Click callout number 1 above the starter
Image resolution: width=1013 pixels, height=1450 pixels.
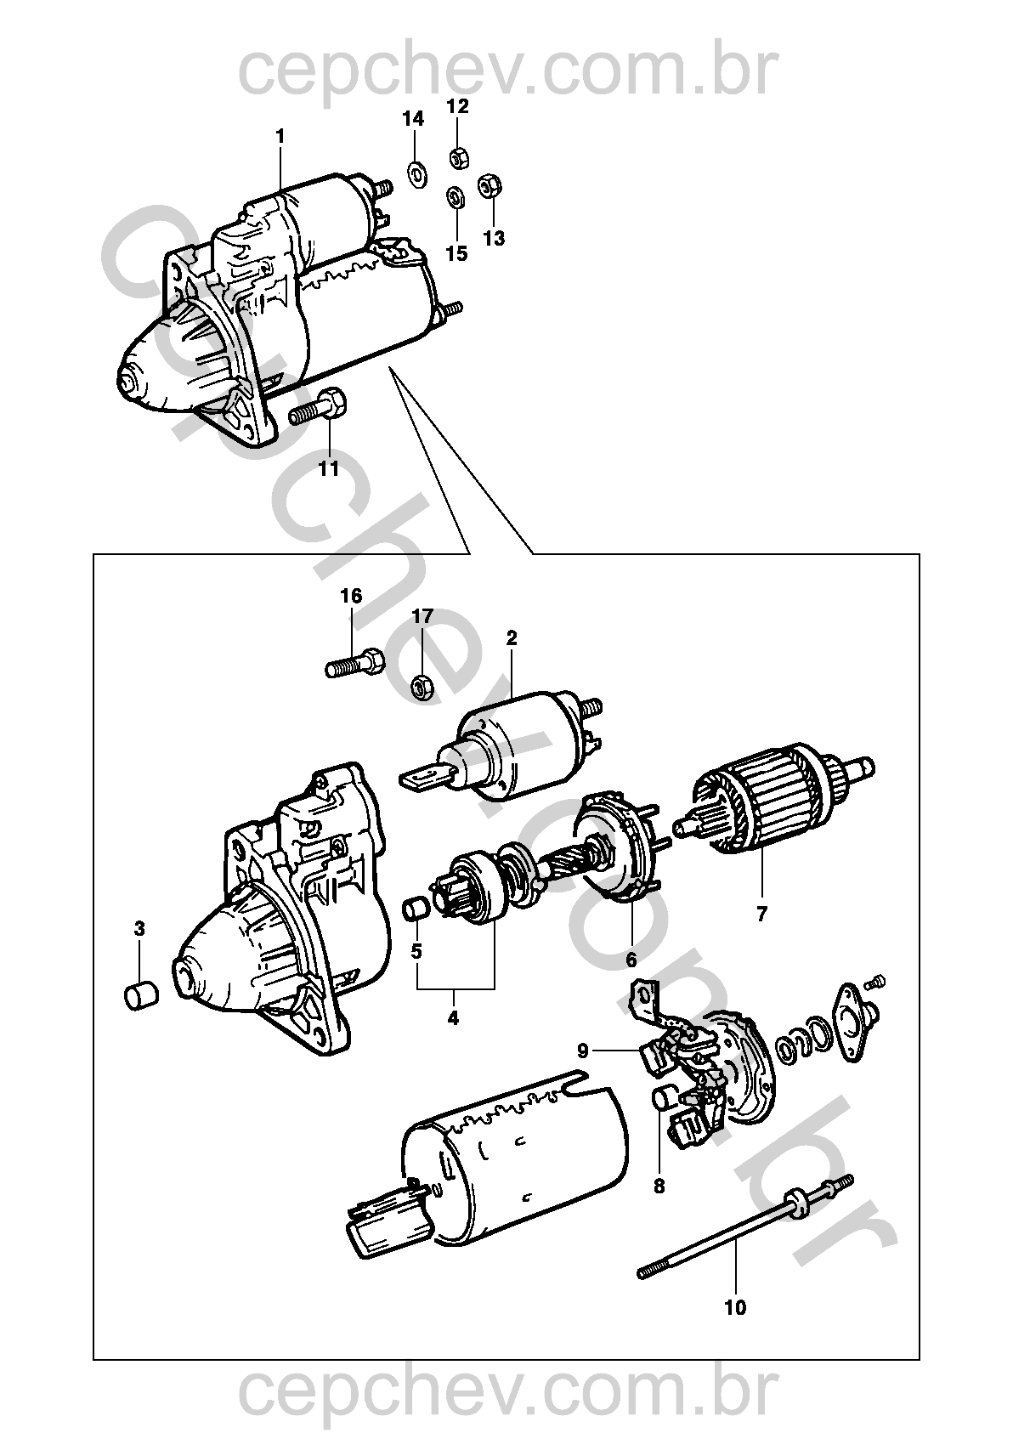coord(280,137)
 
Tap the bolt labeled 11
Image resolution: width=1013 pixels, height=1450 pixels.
coord(318,406)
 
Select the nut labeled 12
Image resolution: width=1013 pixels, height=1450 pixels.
coord(459,157)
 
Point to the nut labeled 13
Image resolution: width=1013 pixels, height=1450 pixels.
coord(490,186)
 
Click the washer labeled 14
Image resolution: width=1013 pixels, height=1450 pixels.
coord(416,173)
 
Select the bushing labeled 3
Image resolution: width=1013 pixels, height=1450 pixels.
coord(141,995)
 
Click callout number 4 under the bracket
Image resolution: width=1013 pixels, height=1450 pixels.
coord(453,1017)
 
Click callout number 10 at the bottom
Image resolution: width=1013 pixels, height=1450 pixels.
coord(735,1308)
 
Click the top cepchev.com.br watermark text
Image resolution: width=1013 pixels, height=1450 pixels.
coord(508,72)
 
